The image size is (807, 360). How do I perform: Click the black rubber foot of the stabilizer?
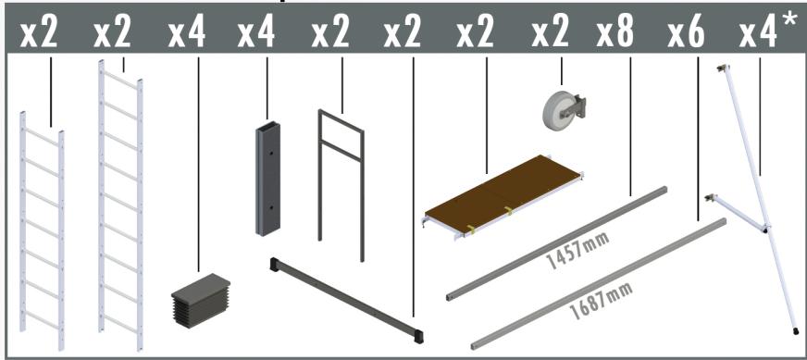tap(796, 329)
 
